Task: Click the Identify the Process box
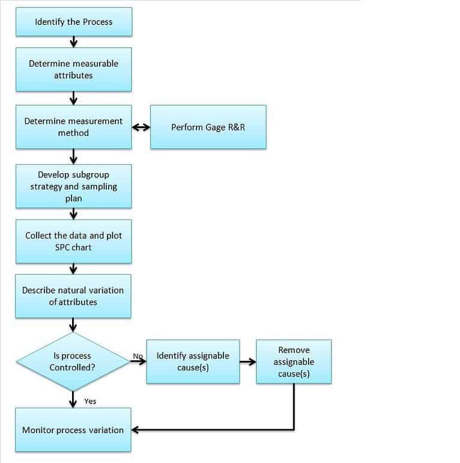click(73, 22)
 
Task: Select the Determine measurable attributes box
click(73, 70)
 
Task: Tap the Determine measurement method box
click(73, 127)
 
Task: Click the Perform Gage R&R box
click(208, 127)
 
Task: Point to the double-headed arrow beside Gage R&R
click(141, 127)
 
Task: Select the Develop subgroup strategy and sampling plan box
click(73, 186)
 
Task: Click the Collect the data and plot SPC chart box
click(73, 241)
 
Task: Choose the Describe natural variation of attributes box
click(73, 296)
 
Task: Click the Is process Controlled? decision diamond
click(73, 361)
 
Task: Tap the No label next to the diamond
click(138, 356)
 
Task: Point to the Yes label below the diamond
click(90, 401)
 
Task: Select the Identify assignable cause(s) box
click(193, 361)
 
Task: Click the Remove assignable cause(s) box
click(294, 361)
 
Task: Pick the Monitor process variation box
click(73, 430)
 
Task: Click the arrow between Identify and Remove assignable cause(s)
click(247, 362)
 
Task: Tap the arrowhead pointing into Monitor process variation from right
click(136, 430)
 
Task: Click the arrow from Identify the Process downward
click(73, 41)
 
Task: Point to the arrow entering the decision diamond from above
click(73, 325)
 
